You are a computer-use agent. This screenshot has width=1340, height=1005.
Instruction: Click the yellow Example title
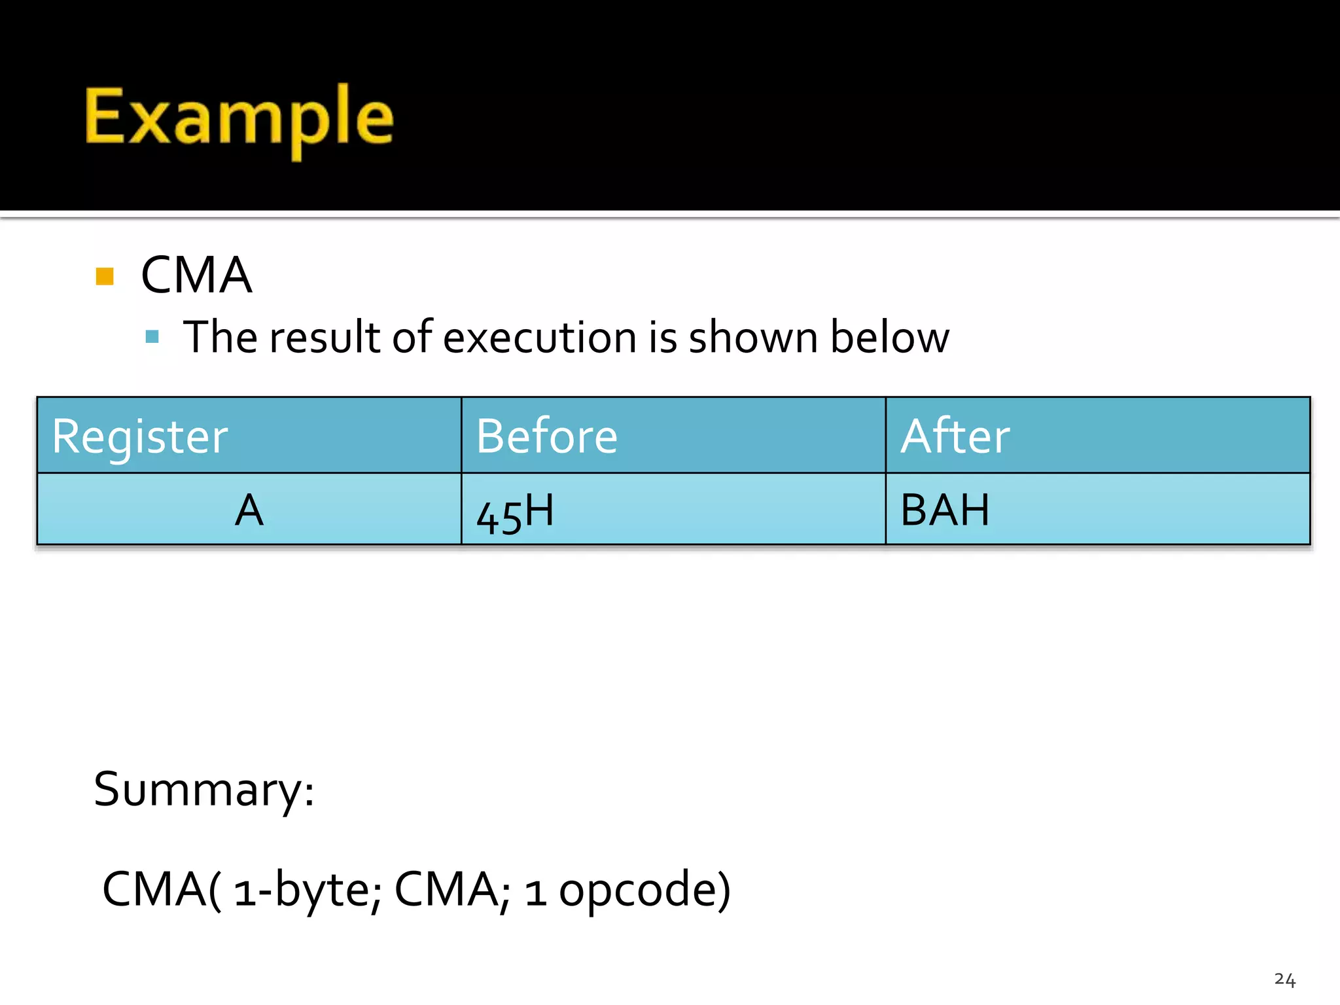[239, 118]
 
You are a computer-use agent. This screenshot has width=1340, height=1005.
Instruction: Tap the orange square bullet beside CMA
[105, 276]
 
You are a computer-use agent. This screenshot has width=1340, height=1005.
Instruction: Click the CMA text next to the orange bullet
[196, 275]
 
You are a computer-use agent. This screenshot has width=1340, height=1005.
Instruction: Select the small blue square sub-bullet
[152, 337]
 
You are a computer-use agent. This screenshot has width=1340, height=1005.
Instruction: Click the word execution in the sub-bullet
[540, 338]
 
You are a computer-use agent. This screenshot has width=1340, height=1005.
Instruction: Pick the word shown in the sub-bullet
[753, 338]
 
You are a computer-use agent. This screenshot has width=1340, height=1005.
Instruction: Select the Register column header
[140, 436]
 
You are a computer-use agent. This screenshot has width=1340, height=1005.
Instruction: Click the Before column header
[546, 436]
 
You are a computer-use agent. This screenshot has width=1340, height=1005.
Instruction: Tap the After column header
[955, 436]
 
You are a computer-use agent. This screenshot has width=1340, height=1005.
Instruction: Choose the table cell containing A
[249, 510]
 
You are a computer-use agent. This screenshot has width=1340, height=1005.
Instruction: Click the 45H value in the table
[515, 512]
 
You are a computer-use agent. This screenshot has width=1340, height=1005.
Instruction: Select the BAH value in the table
[944, 510]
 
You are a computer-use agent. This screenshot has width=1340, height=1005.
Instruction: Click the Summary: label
[204, 789]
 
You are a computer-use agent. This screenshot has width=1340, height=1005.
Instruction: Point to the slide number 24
[1284, 979]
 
